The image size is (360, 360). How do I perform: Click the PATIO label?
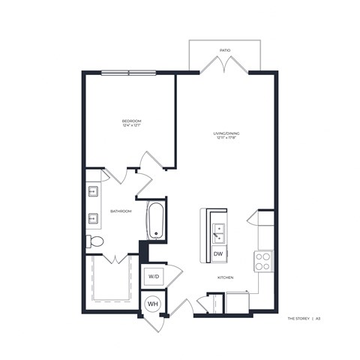point(225,50)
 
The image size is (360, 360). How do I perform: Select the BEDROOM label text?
point(132,120)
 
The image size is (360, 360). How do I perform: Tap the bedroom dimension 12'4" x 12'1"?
point(132,125)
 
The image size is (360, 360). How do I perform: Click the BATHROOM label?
point(121,211)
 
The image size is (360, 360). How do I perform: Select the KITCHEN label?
point(226,277)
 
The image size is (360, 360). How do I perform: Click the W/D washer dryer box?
point(154,277)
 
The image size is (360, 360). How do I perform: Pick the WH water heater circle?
point(152,304)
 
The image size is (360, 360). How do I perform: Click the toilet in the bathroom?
point(95,241)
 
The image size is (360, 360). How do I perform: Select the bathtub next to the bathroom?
point(155,220)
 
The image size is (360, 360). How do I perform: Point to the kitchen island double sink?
point(218,233)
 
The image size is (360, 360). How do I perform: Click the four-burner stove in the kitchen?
point(264,260)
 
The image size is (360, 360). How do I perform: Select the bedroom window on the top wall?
point(128,73)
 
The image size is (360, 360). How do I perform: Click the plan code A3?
point(319,319)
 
